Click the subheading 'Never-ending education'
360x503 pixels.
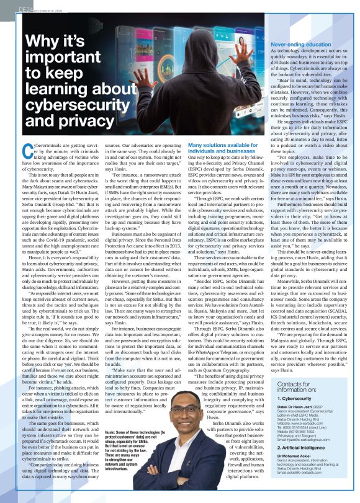point(301,45)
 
